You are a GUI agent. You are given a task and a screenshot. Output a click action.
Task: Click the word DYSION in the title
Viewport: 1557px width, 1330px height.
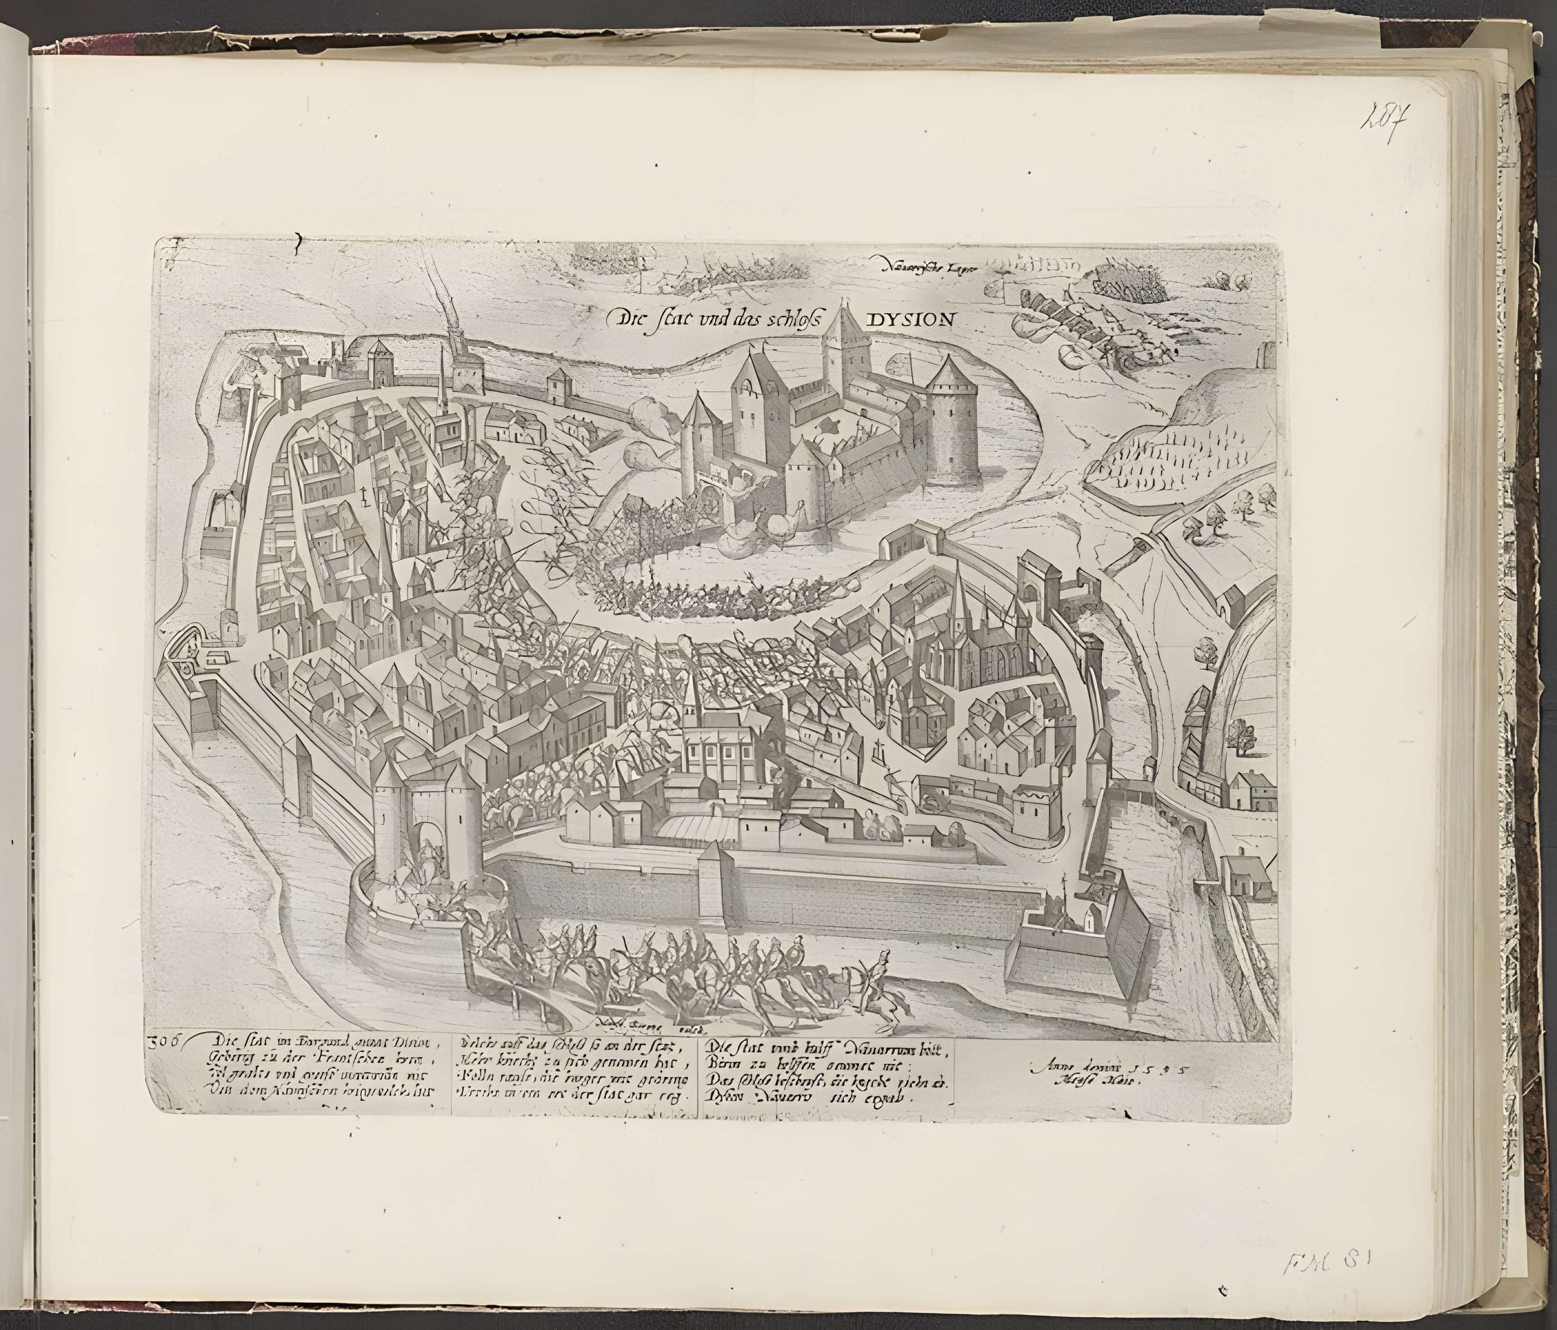coord(911,319)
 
